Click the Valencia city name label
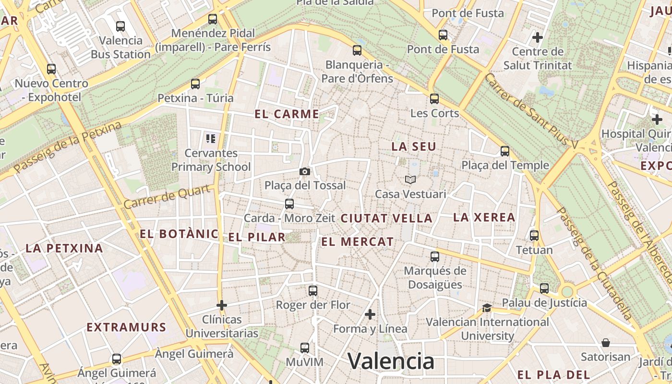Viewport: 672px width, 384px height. pyautogui.click(x=391, y=361)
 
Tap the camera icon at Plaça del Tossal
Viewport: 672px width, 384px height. pyautogui.click(x=304, y=171)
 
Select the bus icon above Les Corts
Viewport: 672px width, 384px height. pyautogui.click(x=434, y=99)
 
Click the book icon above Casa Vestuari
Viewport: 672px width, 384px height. pyautogui.click(x=410, y=180)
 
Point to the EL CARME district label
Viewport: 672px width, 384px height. pyautogui.click(x=287, y=114)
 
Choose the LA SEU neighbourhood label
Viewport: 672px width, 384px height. pyautogui.click(x=414, y=147)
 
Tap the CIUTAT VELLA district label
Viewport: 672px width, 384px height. pyautogui.click(x=386, y=218)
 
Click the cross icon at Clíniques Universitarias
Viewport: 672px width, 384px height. pyautogui.click(x=222, y=305)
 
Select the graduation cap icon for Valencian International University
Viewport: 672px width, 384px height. pyautogui.click(x=487, y=308)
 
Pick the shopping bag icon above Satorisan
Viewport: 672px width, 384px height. pyautogui.click(x=606, y=343)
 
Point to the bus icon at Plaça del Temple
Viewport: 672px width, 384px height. pyautogui.click(x=505, y=151)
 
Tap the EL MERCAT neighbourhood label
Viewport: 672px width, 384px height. pyautogui.click(x=357, y=242)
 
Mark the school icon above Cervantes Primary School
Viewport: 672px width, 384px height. pyautogui.click(x=211, y=139)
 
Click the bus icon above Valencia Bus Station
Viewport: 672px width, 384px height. pyautogui.click(x=120, y=26)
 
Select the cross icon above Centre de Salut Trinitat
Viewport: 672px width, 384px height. pyautogui.click(x=538, y=37)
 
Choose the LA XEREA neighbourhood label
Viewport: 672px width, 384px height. pyautogui.click(x=484, y=217)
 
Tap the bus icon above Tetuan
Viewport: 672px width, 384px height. pyautogui.click(x=534, y=236)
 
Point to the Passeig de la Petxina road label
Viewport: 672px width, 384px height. pyautogui.click(x=68, y=148)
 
